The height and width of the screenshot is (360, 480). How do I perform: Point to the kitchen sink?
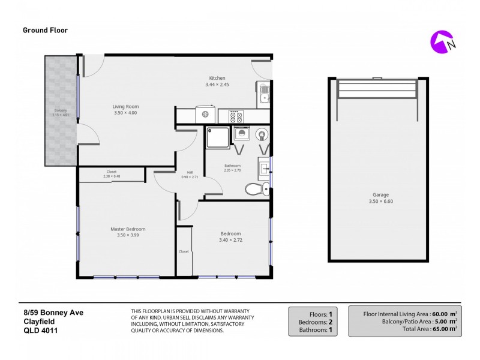coord(264,94)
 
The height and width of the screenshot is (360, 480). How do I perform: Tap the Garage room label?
coord(380,195)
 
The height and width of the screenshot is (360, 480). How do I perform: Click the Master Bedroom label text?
coord(128,229)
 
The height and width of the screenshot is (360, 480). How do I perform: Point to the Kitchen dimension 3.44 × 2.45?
coord(217,85)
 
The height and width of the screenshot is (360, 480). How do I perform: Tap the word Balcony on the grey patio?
coord(61,110)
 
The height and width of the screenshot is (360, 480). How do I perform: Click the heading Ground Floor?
coord(46,30)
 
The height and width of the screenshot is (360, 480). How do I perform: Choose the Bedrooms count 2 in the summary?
coord(330,322)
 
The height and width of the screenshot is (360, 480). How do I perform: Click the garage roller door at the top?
coord(377,90)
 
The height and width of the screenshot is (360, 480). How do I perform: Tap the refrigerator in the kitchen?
coord(205,114)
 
